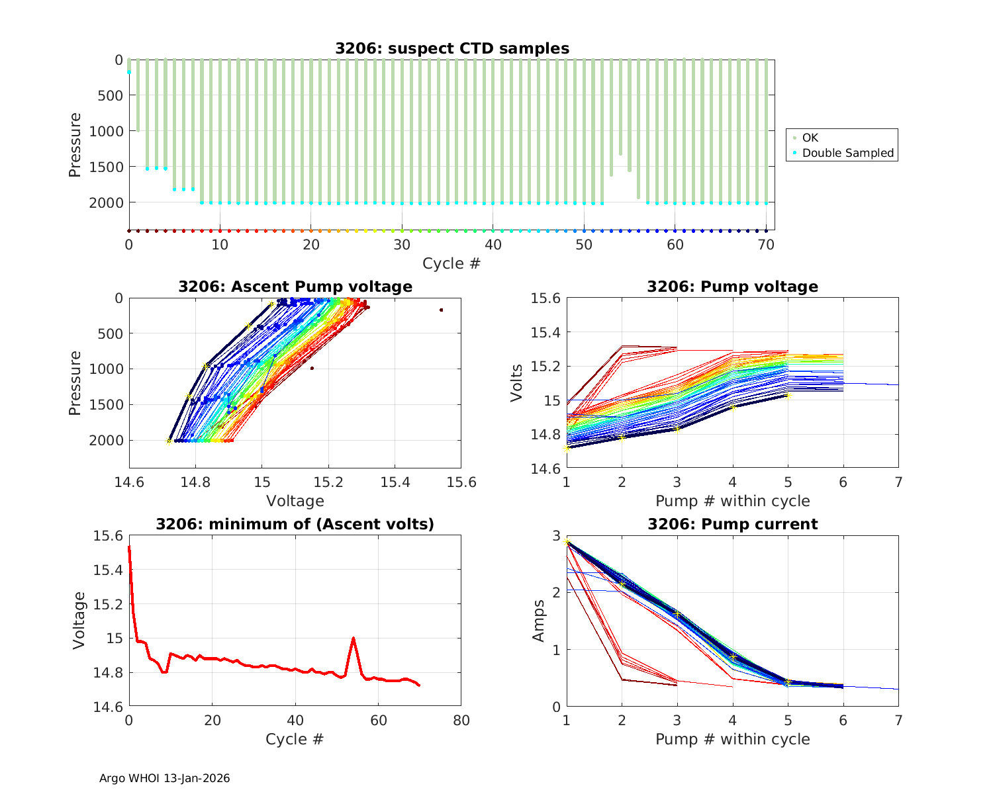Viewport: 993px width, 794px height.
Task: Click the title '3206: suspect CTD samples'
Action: pyautogui.click(x=451, y=48)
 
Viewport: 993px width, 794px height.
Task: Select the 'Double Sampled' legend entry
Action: pyautogui.click(x=847, y=154)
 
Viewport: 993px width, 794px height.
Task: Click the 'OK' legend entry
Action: pyautogui.click(x=810, y=138)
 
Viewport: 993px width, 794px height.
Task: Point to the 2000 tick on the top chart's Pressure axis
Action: pyautogui.click(x=105, y=202)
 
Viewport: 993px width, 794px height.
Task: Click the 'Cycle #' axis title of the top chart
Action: pyautogui.click(x=451, y=263)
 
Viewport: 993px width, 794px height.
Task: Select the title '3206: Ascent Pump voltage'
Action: pyautogui.click(x=295, y=287)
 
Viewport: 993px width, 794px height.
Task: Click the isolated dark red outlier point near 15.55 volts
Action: pyautogui.click(x=441, y=310)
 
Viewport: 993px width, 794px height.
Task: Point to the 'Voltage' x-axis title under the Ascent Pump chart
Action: pyautogui.click(x=295, y=501)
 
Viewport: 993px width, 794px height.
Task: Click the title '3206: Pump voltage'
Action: pyautogui.click(x=732, y=287)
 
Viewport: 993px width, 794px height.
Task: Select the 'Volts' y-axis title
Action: pyautogui.click(x=517, y=383)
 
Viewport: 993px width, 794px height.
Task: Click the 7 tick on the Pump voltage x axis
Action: pyautogui.click(x=898, y=482)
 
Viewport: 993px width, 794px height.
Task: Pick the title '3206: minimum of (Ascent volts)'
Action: pyautogui.click(x=295, y=525)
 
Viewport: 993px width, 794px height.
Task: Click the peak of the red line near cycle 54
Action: pyautogui.click(x=354, y=638)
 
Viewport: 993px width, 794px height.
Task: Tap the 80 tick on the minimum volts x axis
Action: pyautogui.click(x=461, y=721)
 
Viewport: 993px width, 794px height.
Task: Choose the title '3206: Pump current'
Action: pyautogui.click(x=732, y=525)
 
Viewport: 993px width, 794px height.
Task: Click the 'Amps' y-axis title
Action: pyautogui.click(x=540, y=621)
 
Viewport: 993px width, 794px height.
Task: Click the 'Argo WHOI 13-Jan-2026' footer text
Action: pyautogui.click(x=165, y=778)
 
